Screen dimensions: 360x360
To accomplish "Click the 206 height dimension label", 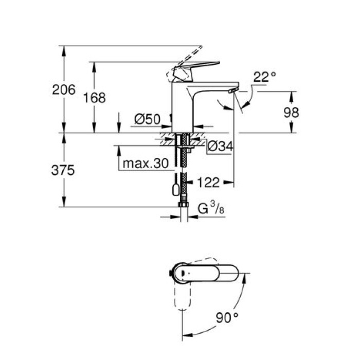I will pyautogui.click(x=64, y=89).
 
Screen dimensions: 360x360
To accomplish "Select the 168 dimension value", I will pyautogui.click(x=94, y=97).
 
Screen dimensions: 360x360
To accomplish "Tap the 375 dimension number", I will pyautogui.click(x=64, y=170).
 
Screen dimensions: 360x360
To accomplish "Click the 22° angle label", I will pyautogui.click(x=264, y=77).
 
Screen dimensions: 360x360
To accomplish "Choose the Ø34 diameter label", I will pyautogui.click(x=220, y=147).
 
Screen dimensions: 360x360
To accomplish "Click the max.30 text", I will pyautogui.click(x=146, y=164).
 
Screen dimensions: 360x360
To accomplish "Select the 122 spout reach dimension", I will pyautogui.click(x=208, y=182).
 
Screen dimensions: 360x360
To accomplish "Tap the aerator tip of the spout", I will pyautogui.click(x=231, y=92).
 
